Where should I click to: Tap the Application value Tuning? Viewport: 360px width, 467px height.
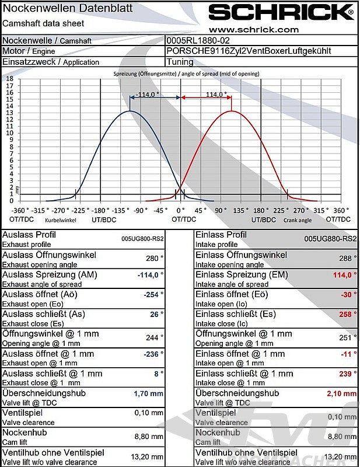pyautogui.click(x=180, y=62)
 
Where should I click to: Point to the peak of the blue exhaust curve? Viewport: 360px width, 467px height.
pyautogui.click(x=130, y=111)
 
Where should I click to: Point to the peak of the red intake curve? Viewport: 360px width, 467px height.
pyautogui.click(x=232, y=111)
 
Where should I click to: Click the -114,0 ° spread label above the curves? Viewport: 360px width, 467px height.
pyautogui.click(x=148, y=94)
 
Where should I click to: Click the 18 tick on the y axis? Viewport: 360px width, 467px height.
pyautogui.click(x=9, y=78)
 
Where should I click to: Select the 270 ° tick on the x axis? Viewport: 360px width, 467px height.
pyautogui.click(x=300, y=210)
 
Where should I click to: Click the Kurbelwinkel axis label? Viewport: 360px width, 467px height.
pyautogui.click(x=61, y=220)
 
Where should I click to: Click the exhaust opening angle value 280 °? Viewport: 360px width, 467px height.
pyautogui.click(x=154, y=257)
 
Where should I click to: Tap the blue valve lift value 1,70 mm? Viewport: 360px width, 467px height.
pyautogui.click(x=149, y=394)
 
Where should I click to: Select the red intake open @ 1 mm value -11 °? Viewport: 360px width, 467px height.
pyautogui.click(x=348, y=354)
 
